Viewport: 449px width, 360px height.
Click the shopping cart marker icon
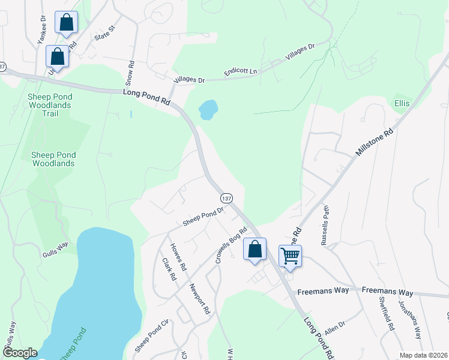pos(290,256)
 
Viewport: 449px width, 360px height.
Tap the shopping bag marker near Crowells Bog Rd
pos(255,249)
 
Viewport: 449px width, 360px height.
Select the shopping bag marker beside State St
pos(67,23)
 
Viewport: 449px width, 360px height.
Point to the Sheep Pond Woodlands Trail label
pos(50,105)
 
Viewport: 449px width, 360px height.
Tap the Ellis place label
pos(402,103)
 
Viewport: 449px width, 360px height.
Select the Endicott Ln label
pos(240,71)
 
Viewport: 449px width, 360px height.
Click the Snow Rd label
pos(129,71)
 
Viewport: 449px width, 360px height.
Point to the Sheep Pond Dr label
pos(203,217)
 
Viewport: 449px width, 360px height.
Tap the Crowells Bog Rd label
pos(231,246)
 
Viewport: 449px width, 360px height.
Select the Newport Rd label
pos(200,299)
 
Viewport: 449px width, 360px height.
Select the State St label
pos(103,32)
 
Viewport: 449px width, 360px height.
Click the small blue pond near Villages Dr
pos(208,109)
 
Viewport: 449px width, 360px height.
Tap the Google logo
pos(19,353)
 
